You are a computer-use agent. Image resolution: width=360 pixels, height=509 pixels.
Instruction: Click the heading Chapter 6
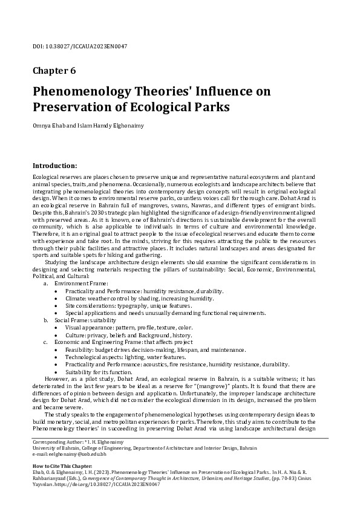[x=54, y=70]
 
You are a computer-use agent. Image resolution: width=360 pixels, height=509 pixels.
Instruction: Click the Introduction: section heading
[x=54, y=165]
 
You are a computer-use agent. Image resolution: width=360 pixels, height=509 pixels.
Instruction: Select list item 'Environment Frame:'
[x=77, y=283]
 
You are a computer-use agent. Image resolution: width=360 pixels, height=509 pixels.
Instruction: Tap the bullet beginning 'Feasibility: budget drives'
[x=155, y=349]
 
